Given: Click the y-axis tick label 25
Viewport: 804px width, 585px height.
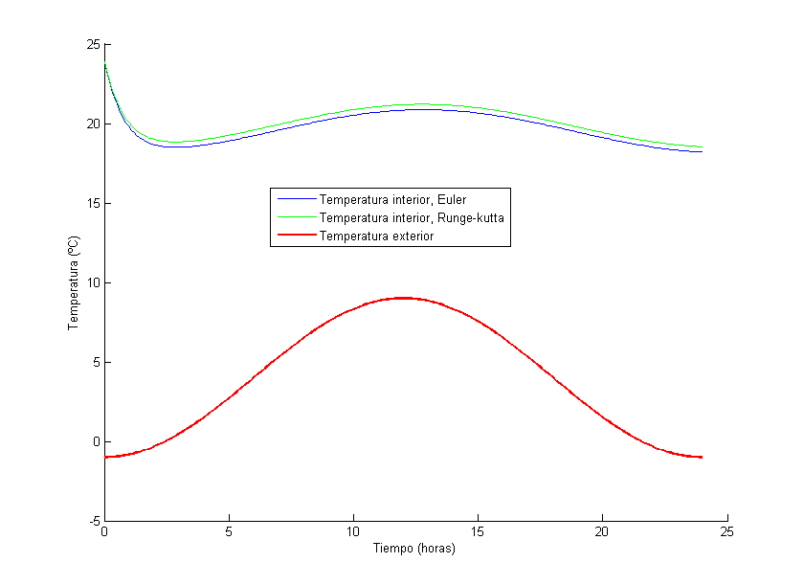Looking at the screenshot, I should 93,44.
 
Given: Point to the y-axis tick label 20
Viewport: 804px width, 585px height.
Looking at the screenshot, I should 93,124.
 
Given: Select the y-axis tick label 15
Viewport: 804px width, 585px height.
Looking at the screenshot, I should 93,203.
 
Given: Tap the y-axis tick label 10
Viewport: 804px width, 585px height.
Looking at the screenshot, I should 93,282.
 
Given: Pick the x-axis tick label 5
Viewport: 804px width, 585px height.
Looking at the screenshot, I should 229,532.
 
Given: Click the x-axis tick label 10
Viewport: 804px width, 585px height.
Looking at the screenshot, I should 353,532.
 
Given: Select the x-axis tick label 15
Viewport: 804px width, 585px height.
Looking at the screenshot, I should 478,532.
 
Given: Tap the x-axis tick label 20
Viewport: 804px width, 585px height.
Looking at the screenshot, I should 602,532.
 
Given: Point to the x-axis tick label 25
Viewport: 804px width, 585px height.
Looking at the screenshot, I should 726,532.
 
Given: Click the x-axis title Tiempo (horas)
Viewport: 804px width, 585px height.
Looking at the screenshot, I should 413,549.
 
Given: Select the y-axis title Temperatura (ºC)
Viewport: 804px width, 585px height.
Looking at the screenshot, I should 73,283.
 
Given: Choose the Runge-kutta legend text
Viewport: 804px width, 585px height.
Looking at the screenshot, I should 412,218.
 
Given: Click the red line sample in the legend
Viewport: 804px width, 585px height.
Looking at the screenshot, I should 294,236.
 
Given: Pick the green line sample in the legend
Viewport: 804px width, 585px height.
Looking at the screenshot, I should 294,218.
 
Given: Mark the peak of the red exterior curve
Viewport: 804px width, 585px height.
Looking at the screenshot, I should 403,298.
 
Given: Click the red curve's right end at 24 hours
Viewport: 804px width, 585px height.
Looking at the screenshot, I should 702,457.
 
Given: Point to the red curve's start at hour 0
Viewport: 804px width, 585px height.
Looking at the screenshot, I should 105,457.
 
